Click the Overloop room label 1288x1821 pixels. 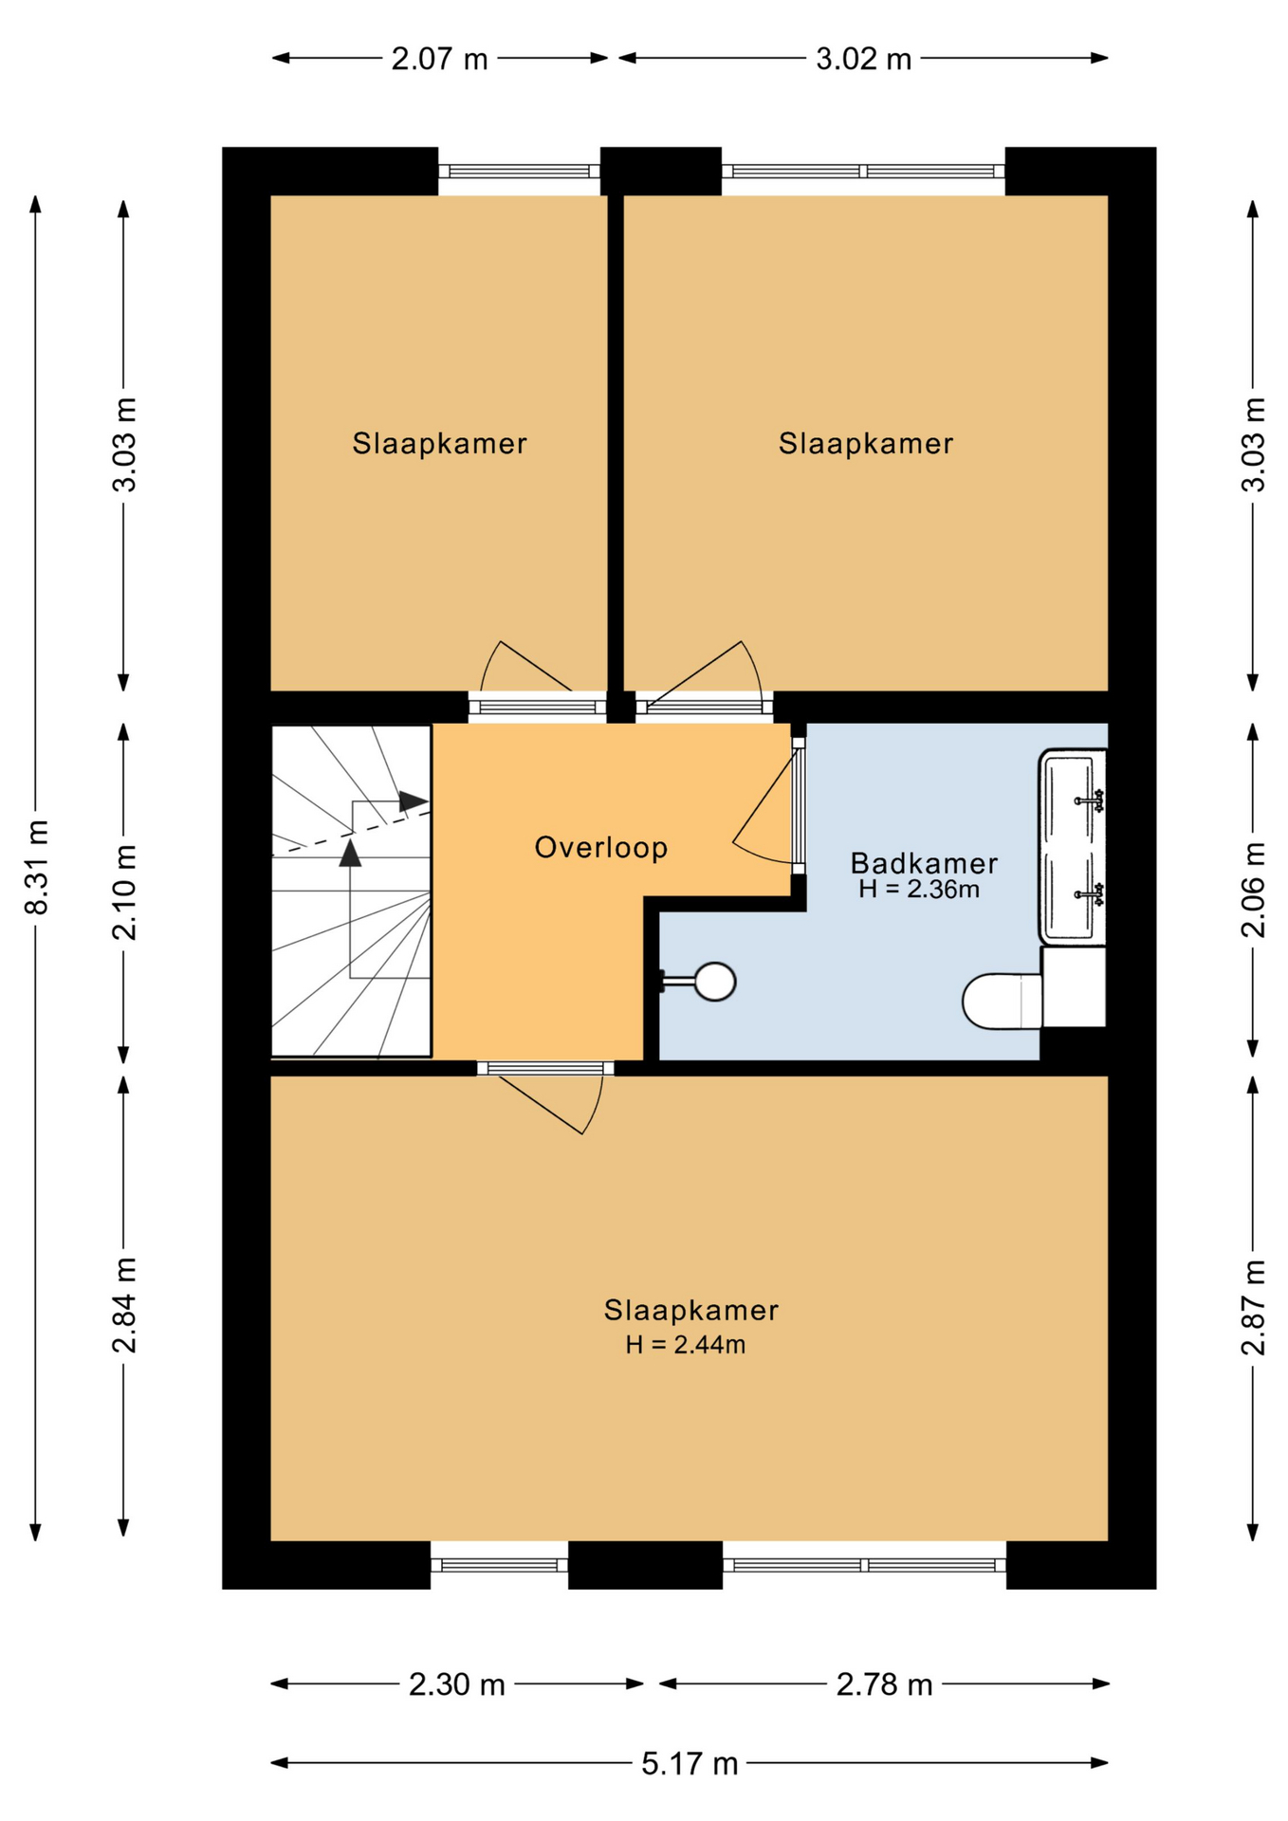click(x=600, y=847)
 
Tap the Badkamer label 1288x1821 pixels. click(x=924, y=863)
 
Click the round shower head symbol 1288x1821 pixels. click(x=715, y=982)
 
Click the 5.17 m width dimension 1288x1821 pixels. click(x=690, y=1763)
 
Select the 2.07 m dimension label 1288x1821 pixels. click(x=439, y=59)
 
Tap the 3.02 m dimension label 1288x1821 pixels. click(x=863, y=59)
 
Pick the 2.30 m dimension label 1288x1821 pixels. click(x=456, y=1684)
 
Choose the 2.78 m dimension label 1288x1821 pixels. click(x=884, y=1684)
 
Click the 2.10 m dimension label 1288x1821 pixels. click(x=124, y=892)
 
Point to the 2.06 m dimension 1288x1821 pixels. click(x=1253, y=890)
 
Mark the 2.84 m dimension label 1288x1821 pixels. click(x=124, y=1305)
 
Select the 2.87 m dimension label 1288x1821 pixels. click(x=1253, y=1307)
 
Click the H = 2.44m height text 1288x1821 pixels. click(x=685, y=1345)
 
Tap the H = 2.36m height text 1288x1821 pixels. click(x=919, y=890)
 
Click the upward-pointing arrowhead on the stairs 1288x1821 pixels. click(x=350, y=853)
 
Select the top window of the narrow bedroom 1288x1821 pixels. click(x=519, y=172)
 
